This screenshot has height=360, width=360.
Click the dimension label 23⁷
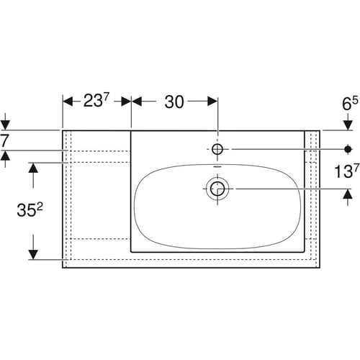[x=96, y=101]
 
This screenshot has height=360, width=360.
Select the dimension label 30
[x=174, y=102]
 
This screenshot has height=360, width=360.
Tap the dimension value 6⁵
[x=350, y=104]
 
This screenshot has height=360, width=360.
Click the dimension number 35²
[x=30, y=210]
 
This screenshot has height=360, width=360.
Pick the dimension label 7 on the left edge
[x=5, y=140]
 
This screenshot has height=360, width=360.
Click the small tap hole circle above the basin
[x=217, y=149]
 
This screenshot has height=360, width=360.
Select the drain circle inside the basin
[x=217, y=189]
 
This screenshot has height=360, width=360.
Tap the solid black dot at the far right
[x=348, y=149]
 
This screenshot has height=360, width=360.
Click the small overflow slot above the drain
[x=217, y=166]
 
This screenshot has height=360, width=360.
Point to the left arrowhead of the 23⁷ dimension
[x=68, y=102]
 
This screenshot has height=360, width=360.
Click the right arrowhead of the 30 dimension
[x=212, y=102]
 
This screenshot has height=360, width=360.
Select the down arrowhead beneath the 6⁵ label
[x=348, y=125]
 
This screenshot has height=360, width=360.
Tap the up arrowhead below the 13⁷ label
[x=348, y=194]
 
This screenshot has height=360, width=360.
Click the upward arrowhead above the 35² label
[x=33, y=168]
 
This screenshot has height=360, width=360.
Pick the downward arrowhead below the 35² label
[x=33, y=255]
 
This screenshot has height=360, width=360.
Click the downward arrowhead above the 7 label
[x=5, y=125]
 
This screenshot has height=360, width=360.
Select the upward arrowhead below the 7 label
[x=5, y=156]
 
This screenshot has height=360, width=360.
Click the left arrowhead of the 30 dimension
[x=137, y=102]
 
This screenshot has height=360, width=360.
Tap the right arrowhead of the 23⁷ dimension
[x=126, y=102]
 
